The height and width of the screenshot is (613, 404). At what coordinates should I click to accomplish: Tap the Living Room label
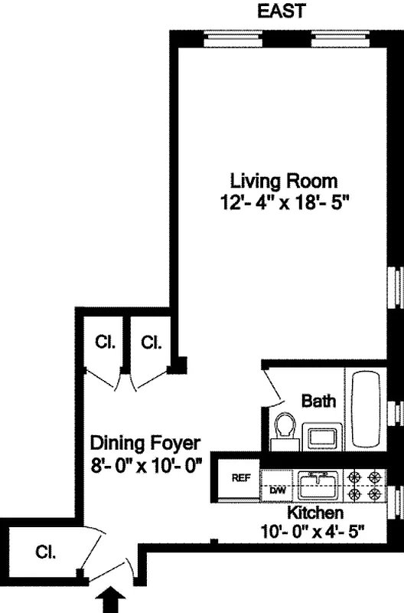284,182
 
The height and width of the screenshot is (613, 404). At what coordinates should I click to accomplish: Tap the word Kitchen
314,512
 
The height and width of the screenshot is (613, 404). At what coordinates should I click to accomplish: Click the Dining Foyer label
145,443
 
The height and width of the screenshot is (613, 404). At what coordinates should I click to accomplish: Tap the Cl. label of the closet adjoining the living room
151,342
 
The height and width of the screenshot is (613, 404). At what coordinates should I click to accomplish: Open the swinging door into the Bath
272,386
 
